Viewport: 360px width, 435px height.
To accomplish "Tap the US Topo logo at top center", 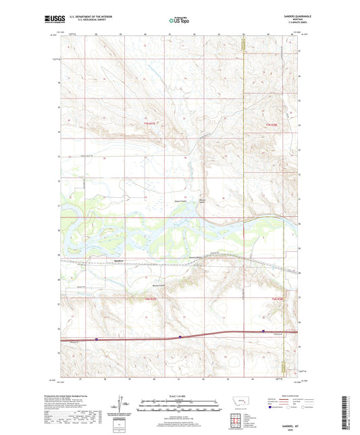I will coord(179,21).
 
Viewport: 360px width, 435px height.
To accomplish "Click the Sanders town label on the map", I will coord(119,261).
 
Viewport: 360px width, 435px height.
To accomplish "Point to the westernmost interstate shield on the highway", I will coord(97,339).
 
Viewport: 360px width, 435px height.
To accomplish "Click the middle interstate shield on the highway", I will coord(180,336).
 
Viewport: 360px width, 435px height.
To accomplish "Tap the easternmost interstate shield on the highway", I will coord(263,331).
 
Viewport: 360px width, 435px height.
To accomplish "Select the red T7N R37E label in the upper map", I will coord(153,122).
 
